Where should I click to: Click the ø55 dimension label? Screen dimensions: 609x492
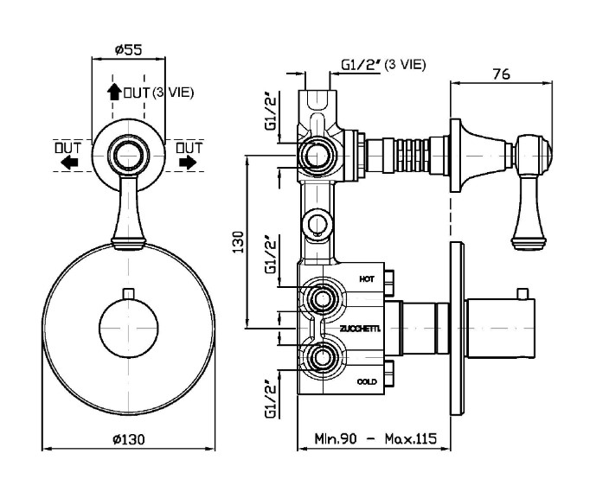pyautogui.click(x=129, y=49)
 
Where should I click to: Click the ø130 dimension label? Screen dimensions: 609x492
pyautogui.click(x=129, y=439)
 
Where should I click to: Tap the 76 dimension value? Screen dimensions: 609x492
pyautogui.click(x=501, y=73)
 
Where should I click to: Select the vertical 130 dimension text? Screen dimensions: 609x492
pyautogui.click(x=240, y=241)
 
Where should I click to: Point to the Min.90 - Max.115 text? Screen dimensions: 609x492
pyautogui.click(x=375, y=438)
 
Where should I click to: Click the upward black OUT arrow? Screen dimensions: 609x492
pyautogui.click(x=114, y=92)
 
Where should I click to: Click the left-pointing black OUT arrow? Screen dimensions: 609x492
pyautogui.click(x=69, y=162)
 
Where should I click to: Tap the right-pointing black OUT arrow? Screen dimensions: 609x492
pyautogui.click(x=188, y=162)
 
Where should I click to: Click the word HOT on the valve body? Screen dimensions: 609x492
pyautogui.click(x=367, y=278)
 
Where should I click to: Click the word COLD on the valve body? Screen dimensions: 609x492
pyautogui.click(x=367, y=381)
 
